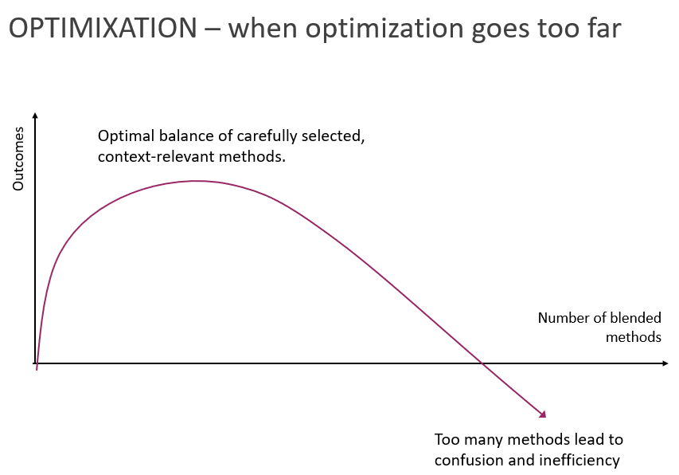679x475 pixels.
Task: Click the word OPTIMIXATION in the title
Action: pos(103,28)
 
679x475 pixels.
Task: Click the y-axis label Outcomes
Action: pos(18,159)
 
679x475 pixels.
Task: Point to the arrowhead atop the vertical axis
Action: pos(36,116)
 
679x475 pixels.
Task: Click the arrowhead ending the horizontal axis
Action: pos(665,363)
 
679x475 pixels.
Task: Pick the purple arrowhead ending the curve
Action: pos(543,414)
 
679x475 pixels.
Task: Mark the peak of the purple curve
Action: pos(197,181)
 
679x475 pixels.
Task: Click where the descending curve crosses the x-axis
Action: pos(482,363)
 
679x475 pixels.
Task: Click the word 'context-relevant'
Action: pos(156,156)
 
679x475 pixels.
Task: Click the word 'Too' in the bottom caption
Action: pos(447,439)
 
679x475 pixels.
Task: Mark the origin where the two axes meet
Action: pos(36,363)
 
